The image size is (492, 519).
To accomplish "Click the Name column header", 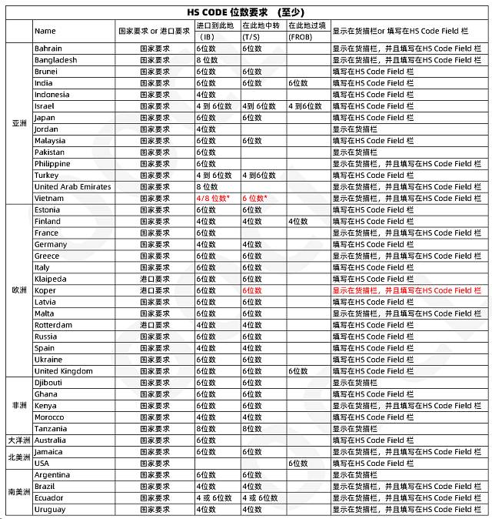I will [x=45, y=31].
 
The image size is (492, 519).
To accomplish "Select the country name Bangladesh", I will [x=56, y=60].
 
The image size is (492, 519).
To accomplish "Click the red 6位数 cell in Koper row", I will [x=252, y=291].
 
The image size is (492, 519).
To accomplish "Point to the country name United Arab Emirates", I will [x=73, y=187].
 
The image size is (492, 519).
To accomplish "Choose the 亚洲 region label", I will [x=19, y=123].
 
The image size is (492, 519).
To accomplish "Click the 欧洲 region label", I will [x=19, y=290].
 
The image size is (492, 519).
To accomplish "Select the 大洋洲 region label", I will [x=19, y=440].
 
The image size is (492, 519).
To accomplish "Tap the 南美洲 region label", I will [x=19, y=492].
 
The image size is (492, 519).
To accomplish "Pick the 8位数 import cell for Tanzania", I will [x=207, y=429].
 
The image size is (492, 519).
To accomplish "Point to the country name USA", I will [x=42, y=464].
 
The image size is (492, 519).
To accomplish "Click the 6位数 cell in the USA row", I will [x=298, y=464].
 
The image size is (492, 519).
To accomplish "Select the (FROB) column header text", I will [x=300, y=37].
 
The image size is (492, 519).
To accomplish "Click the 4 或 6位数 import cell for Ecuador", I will [x=214, y=498].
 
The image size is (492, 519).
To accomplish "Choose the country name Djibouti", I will [x=48, y=383].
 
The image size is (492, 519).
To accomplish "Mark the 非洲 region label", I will [x=19, y=406].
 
